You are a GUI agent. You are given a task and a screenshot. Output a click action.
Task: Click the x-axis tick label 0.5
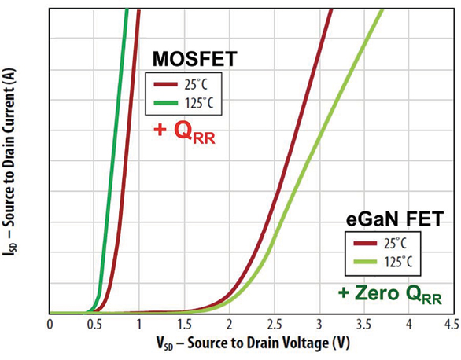click(x=94, y=323)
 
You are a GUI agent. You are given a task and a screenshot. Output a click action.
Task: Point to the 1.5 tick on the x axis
click(x=184, y=323)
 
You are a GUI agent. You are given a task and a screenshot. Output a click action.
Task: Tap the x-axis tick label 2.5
click(x=274, y=323)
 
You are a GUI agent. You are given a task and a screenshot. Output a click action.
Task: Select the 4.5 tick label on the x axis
click(x=452, y=323)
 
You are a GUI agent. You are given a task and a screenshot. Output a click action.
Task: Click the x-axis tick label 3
click(x=319, y=323)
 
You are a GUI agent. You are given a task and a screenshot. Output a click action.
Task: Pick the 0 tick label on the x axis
click(x=50, y=323)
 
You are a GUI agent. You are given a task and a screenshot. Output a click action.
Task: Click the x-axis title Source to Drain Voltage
click(x=251, y=343)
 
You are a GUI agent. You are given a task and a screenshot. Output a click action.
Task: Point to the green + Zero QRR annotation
click(x=390, y=296)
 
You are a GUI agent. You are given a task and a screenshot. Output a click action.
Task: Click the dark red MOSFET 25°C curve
click(x=126, y=157)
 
